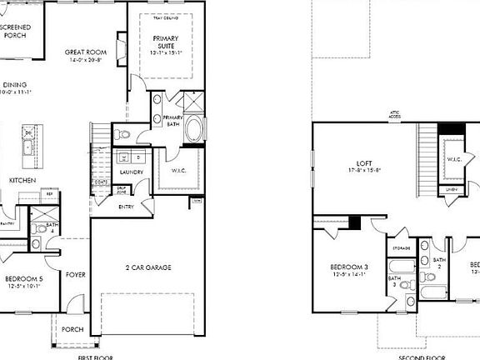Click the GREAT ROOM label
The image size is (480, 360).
tap(83, 52)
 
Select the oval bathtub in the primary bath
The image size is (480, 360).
tap(194, 130)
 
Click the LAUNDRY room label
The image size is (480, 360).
tap(132, 172)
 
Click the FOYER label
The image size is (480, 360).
tap(76, 272)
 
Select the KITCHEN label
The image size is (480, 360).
tap(22, 180)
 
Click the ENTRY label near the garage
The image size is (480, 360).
tap(127, 207)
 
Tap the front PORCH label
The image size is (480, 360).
tap(72, 329)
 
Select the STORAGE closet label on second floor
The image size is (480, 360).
tap(400, 247)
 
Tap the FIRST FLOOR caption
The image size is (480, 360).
tap(95, 356)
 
